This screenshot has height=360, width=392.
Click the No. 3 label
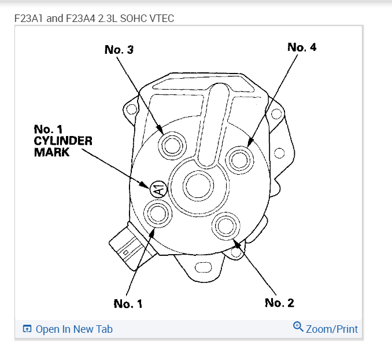(119, 50)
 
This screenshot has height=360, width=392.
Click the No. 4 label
(302, 47)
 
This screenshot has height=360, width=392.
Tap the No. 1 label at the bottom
(128, 303)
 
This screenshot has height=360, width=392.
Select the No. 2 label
(279, 303)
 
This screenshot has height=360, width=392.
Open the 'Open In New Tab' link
(74, 329)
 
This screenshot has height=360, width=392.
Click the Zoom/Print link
(332, 329)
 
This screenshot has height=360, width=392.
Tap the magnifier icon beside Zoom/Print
(298, 327)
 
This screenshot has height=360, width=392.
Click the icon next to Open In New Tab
(27, 329)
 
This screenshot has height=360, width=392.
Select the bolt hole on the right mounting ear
(280, 153)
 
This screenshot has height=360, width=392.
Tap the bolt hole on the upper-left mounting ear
(132, 109)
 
